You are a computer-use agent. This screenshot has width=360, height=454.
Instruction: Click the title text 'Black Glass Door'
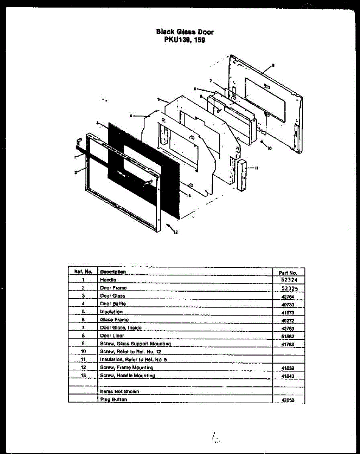coord(185,32)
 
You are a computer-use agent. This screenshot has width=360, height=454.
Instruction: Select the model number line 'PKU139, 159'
coord(185,40)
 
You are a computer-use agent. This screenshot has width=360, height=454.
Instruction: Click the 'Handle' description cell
coord(108,280)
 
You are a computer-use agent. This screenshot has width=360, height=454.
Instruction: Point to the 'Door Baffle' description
coord(113,304)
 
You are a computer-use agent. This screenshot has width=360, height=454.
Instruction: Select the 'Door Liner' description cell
coord(112,336)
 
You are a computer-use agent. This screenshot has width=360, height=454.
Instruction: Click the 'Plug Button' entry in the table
coord(113,400)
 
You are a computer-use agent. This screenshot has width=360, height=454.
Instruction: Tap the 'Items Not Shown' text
coord(119,392)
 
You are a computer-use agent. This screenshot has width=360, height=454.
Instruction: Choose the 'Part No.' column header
coord(288,272)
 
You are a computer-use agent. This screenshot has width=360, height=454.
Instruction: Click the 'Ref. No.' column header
coord(83,272)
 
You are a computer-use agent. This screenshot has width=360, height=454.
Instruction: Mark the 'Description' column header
coord(113,272)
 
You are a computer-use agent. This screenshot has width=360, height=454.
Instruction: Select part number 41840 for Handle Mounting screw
coord(288,376)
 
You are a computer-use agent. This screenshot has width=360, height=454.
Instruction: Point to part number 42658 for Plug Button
coord(288,400)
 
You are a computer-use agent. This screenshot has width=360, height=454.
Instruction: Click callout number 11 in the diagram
coord(257,168)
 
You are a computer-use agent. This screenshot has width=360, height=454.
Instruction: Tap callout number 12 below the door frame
coord(175,232)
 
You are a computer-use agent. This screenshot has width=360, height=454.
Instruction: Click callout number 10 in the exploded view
coord(269,148)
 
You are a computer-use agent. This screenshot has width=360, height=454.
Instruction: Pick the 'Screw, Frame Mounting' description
coord(126,367)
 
